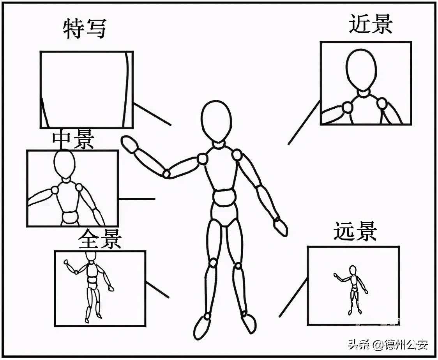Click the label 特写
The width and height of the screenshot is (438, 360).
[x=85, y=29]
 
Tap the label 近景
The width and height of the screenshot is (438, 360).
[x=370, y=25]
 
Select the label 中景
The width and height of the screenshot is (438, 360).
[x=73, y=140]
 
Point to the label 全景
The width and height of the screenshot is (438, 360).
[x=100, y=239]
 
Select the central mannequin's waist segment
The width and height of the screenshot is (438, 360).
[x=224, y=198]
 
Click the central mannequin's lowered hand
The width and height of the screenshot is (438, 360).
[x=281, y=227]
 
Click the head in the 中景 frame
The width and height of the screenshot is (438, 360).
[x=64, y=164]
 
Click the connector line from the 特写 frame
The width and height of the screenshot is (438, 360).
[x=152, y=114]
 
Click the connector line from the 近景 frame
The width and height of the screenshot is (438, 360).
[x=304, y=122]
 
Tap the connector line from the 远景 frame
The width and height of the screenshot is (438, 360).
[x=293, y=297]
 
